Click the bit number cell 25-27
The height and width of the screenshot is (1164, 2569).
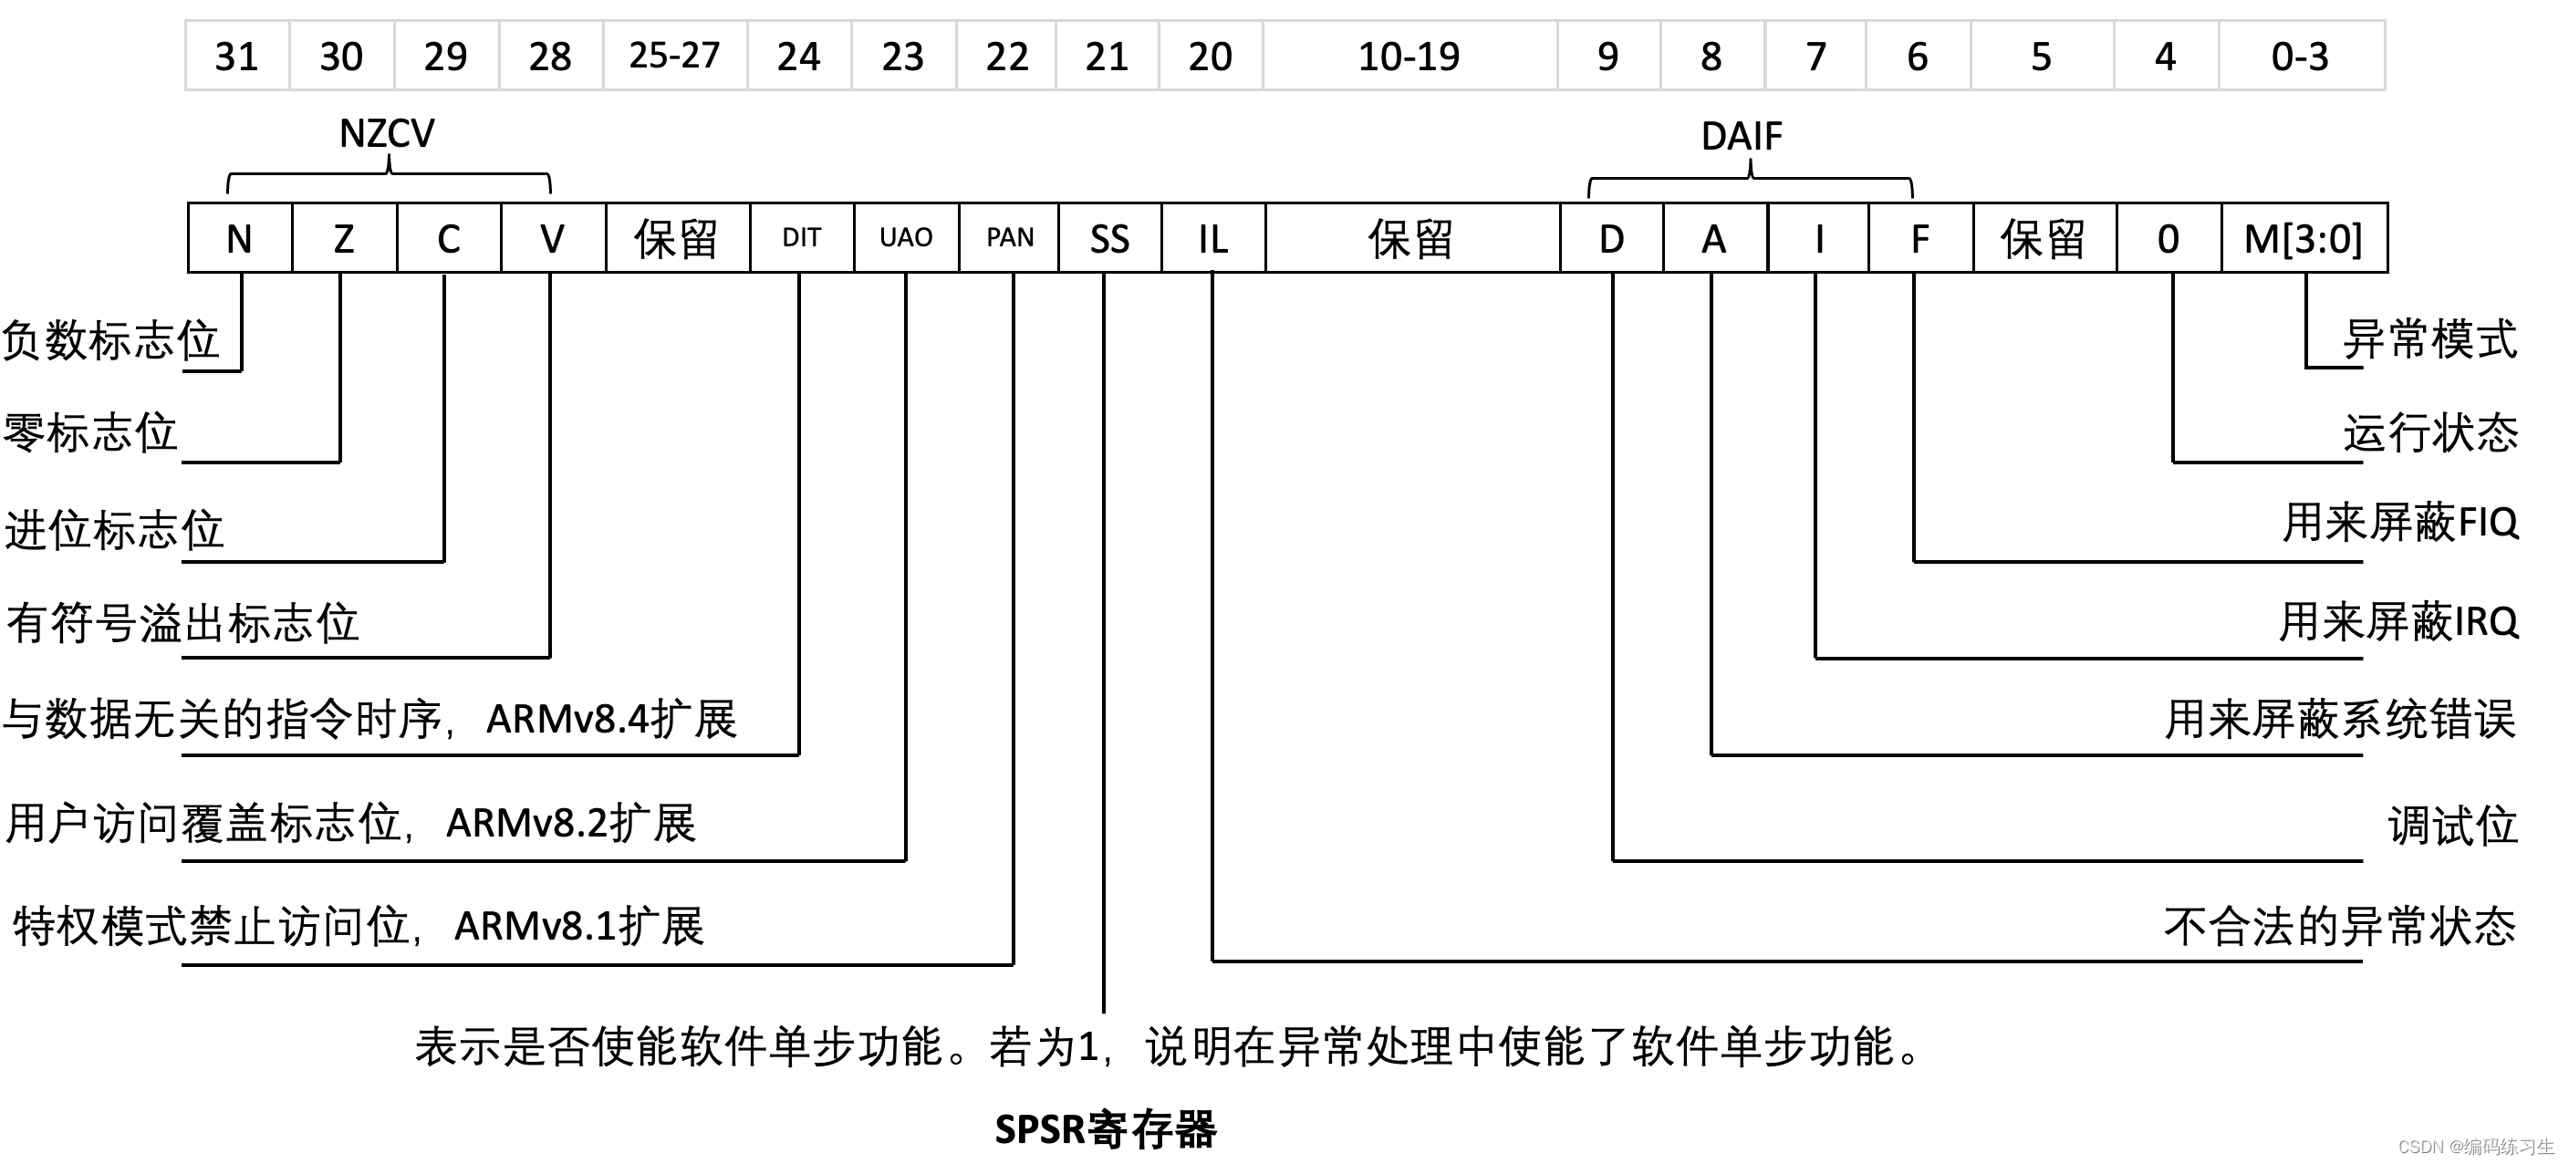675,56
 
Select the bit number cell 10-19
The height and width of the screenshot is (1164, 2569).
1409,56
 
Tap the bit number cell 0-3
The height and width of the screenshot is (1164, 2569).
2300,56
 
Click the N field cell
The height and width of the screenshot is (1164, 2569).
239,238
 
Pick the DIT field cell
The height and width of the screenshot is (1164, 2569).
802,238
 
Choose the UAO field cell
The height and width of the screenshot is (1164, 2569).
906,238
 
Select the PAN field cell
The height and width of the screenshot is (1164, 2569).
1009,238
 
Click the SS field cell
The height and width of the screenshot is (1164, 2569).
1110,238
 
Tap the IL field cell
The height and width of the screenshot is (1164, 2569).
1212,238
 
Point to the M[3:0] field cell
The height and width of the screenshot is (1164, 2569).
2304,238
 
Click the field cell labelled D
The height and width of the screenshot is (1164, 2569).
1612,238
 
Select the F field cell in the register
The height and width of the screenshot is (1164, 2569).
1919,238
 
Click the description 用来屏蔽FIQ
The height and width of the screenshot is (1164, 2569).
2400,523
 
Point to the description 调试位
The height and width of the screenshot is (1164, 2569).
2452,826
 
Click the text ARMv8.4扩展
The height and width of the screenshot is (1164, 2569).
610,719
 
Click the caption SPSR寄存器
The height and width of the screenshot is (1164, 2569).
1105,1129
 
